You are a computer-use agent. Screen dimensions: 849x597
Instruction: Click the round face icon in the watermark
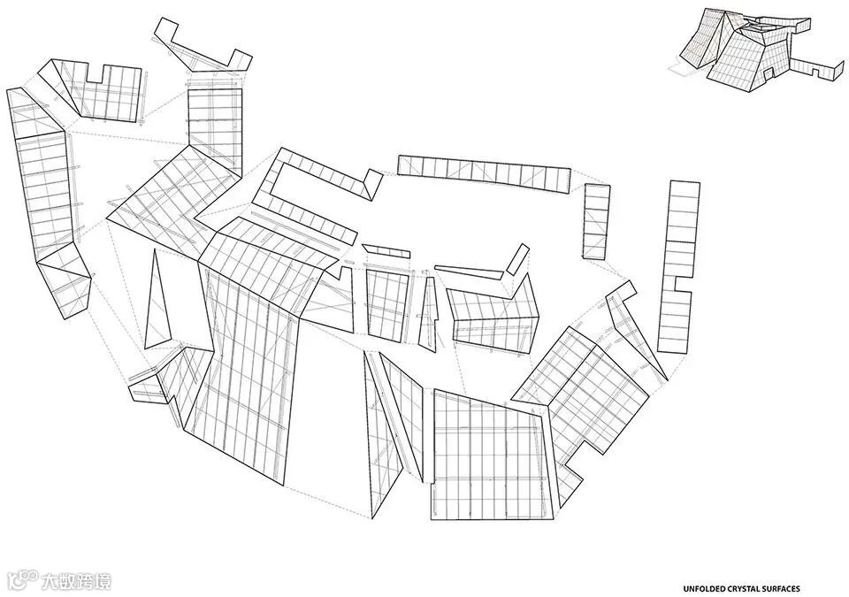(20, 581)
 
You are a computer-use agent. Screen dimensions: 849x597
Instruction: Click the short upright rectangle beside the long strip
(596, 221)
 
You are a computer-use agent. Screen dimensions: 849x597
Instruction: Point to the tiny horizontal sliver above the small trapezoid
(386, 251)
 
